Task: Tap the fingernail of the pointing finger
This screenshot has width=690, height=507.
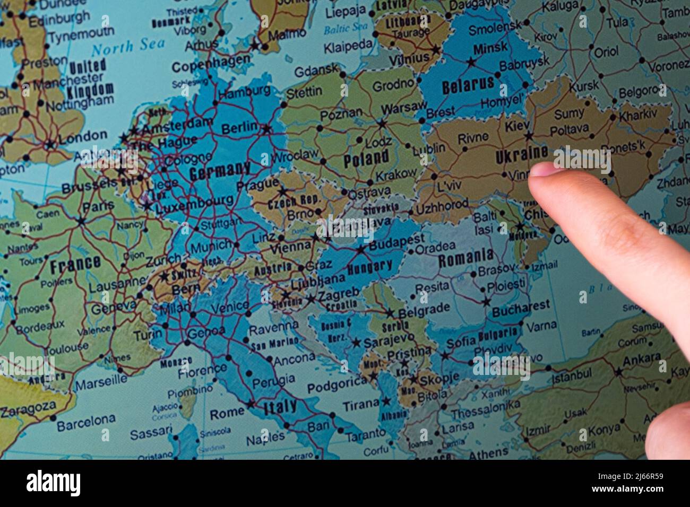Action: tap(544, 170)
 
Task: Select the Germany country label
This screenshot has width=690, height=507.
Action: tap(220, 171)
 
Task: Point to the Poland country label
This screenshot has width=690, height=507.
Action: tap(366, 159)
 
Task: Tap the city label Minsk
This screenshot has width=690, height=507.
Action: tap(490, 48)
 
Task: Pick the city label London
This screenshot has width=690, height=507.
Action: tap(79, 139)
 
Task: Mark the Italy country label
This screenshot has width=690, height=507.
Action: tap(280, 407)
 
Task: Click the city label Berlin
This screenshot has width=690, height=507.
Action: tap(239, 128)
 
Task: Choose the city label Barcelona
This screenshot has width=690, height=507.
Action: tap(86, 423)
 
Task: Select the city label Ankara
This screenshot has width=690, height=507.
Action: tap(641, 359)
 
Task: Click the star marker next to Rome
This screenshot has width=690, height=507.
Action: tap(250, 405)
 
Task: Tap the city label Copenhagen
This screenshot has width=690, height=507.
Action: tap(210, 66)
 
